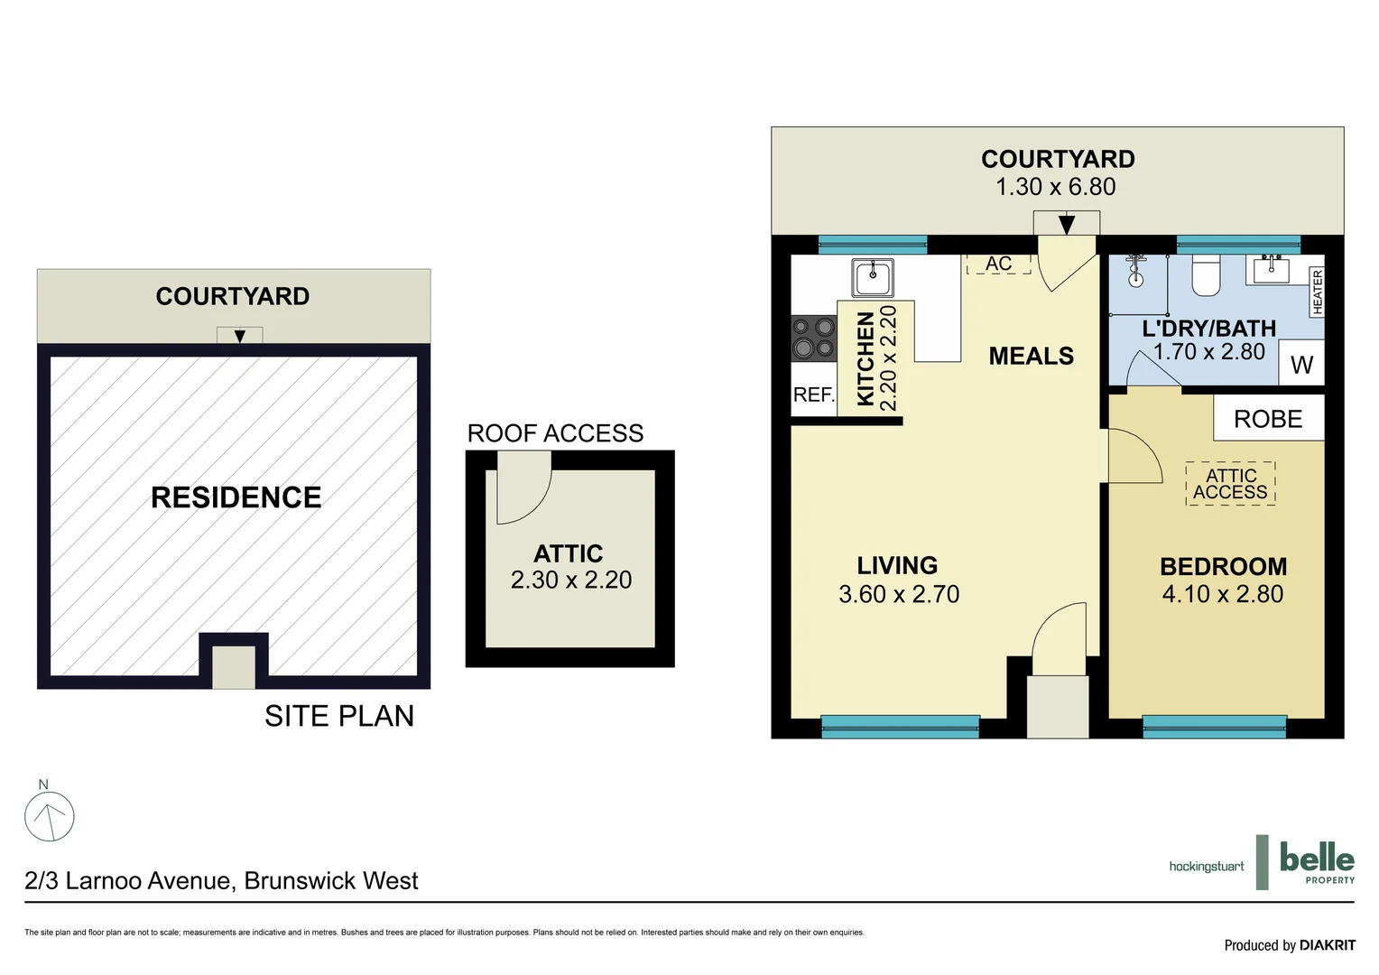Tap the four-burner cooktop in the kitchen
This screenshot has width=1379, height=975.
coord(813,339)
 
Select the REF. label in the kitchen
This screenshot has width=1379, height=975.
coord(813,395)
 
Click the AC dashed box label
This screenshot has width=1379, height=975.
coord(998,264)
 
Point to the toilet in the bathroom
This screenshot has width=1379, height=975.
coord(1206,275)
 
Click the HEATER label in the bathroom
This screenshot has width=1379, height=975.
coord(1317,292)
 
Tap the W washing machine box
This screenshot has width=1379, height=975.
coord(1301,364)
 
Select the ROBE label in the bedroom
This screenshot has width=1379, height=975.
coord(1268,419)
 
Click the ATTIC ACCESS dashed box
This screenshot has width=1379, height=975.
coord(1230,484)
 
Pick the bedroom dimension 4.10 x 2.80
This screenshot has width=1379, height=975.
coord(1223,594)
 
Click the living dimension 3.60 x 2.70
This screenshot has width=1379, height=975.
coord(899,594)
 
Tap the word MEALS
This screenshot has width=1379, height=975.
coord(1031,356)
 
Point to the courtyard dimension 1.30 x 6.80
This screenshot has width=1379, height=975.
coord(1055,187)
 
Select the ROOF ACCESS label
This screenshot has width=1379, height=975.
coord(555,433)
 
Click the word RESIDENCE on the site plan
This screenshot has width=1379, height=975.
coord(236,497)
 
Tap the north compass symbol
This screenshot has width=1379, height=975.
coord(49,816)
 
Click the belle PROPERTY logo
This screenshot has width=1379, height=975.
coord(1317,862)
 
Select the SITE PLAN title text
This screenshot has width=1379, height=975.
coord(339,716)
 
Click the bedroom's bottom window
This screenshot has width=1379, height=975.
coord(1214,726)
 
